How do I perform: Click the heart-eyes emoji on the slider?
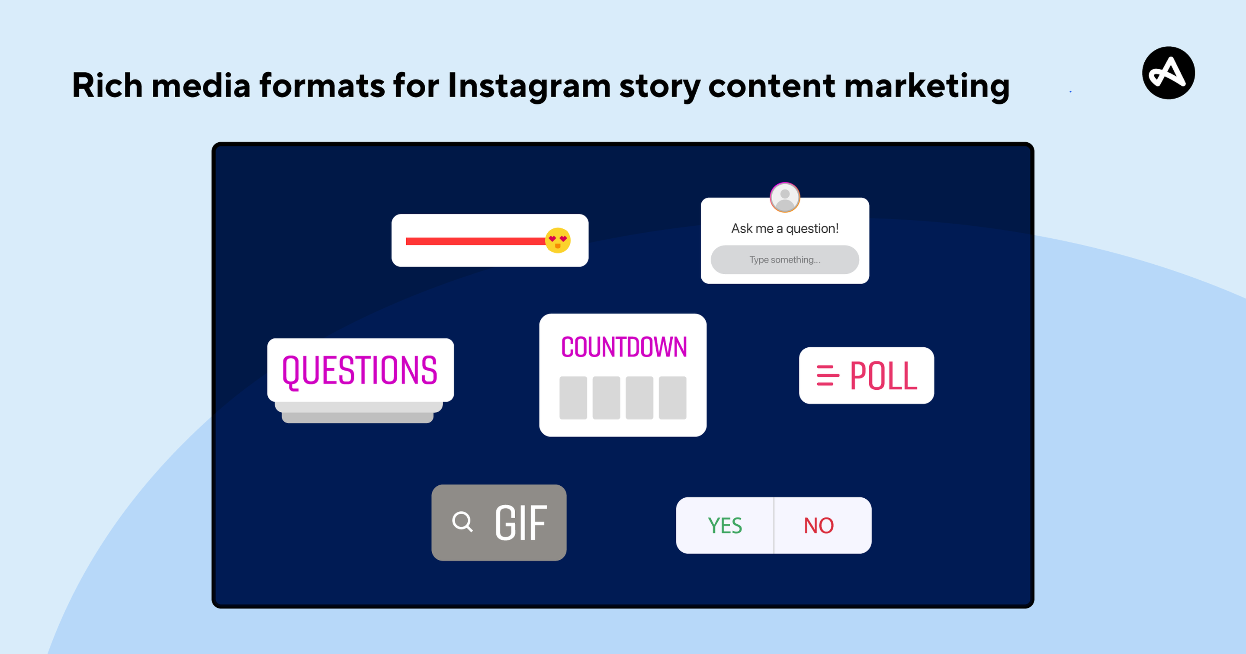(558, 240)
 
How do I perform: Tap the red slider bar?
(476, 241)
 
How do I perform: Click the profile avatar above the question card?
(784, 197)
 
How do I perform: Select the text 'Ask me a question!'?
(784, 228)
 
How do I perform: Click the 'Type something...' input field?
(784, 260)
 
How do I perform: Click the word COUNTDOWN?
(623, 347)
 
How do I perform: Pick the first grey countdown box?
(573, 398)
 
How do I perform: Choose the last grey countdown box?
(672, 398)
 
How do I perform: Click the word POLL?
(883, 376)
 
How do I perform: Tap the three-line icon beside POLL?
(828, 375)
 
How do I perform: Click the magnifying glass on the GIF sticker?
(462, 522)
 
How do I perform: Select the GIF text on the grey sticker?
(521, 523)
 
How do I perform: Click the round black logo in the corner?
(1168, 73)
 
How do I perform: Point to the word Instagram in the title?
(530, 87)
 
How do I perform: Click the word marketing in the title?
(927, 87)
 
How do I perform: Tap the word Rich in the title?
(107, 85)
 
